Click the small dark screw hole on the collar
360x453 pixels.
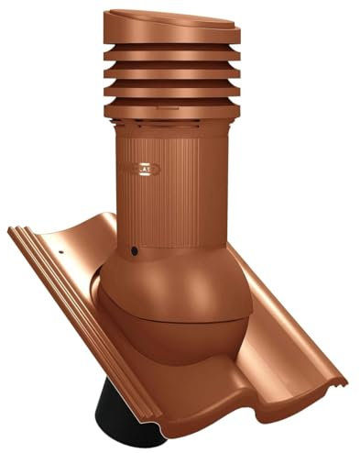[x=136, y=250]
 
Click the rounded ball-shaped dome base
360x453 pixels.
[x=160, y=293]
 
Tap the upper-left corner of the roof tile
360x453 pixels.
[x=13, y=229]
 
